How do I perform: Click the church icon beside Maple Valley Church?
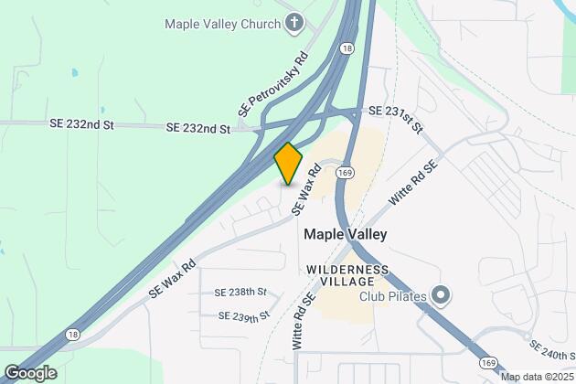[x=293, y=22]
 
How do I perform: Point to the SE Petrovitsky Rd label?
[x=272, y=84]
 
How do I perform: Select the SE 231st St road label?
[x=396, y=118]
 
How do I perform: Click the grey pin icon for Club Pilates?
[x=441, y=295]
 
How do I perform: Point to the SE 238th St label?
[x=240, y=293]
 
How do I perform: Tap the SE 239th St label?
[x=244, y=315]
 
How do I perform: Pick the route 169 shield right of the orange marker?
[x=345, y=172]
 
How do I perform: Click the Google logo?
[x=30, y=372]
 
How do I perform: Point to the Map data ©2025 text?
[x=534, y=376]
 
